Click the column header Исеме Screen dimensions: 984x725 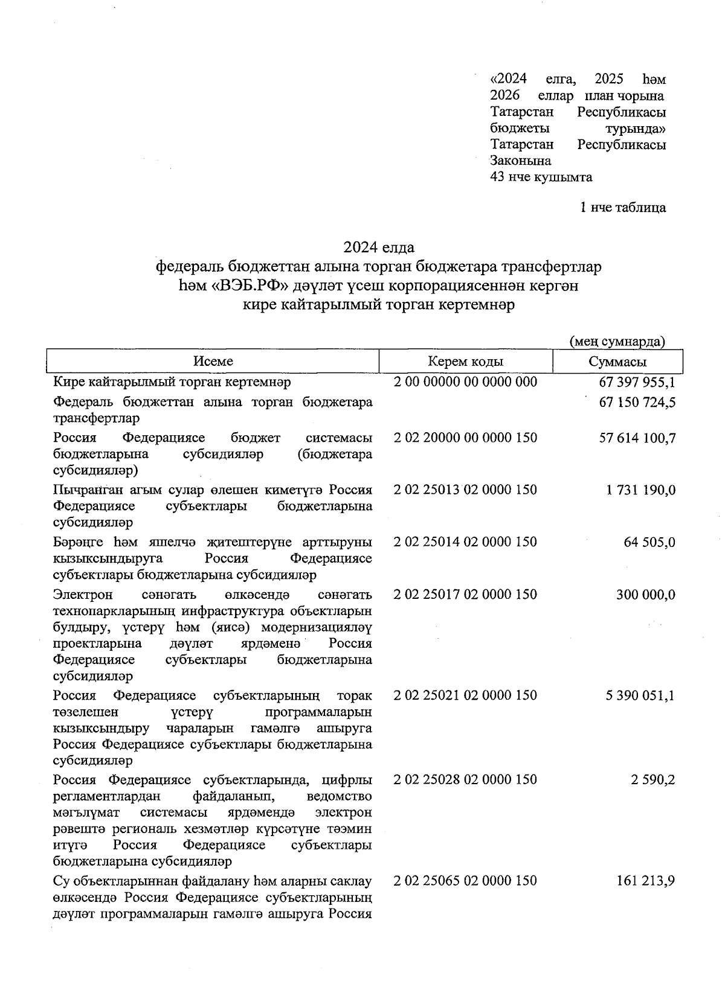click(213, 362)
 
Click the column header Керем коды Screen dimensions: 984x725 click(465, 362)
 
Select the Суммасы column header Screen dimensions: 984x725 click(617, 362)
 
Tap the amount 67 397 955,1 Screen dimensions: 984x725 click(637, 383)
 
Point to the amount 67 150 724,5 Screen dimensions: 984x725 click(637, 403)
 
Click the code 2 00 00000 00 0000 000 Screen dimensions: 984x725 click(465, 382)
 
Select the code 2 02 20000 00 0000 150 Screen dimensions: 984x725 click(465, 438)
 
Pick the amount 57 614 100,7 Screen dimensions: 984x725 click(637, 438)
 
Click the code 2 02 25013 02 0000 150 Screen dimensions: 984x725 click(465, 490)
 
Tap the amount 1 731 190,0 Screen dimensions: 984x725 click(640, 490)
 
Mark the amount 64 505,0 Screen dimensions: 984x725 click(649, 543)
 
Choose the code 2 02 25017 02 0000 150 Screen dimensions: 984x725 click(465, 595)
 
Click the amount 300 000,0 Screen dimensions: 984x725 click(645, 595)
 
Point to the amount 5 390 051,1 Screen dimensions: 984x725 click(640, 696)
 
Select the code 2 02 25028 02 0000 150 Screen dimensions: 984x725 click(465, 779)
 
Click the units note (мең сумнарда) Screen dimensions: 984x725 click(617, 342)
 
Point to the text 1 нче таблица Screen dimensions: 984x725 click(622, 208)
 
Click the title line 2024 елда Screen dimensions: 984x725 click(379, 248)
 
